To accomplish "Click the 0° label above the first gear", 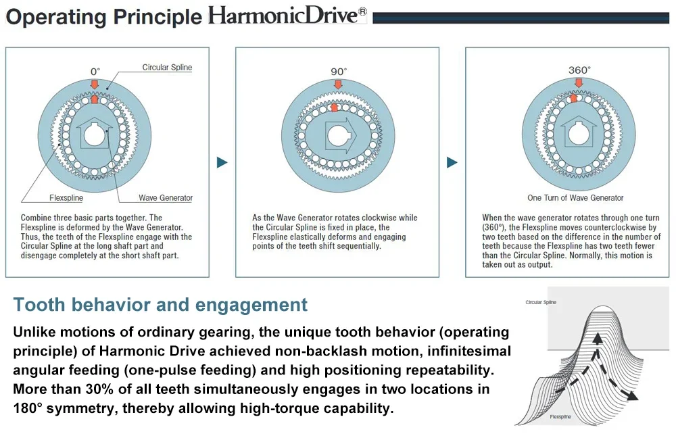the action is (95, 72).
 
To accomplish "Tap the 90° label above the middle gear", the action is (339, 72).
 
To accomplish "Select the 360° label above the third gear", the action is (579, 70).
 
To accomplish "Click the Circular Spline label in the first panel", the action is (167, 67).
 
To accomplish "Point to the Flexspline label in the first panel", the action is (66, 198).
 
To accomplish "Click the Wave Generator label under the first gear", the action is (166, 198).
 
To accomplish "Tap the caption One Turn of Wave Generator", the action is (575, 198).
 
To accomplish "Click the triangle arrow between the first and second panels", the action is (222, 162).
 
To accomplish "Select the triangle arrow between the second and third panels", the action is (452, 162).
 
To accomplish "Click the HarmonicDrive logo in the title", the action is (287, 16).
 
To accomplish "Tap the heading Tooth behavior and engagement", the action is (160, 305).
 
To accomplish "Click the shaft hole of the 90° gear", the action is (339, 136).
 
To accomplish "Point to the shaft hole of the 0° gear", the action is (95, 136).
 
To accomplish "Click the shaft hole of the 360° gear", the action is (579, 135).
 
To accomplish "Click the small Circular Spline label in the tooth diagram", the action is (541, 302).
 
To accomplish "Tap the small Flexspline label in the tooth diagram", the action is (560, 417).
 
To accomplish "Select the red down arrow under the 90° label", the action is (339, 84).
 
